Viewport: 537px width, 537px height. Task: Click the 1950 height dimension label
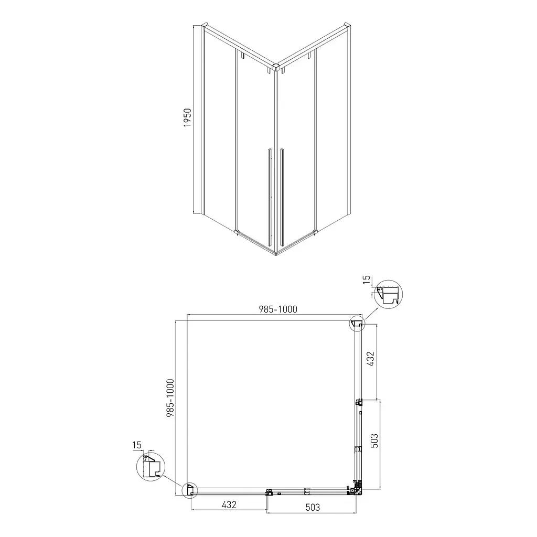pyautogui.click(x=187, y=118)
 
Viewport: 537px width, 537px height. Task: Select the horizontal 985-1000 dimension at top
pyautogui.click(x=278, y=309)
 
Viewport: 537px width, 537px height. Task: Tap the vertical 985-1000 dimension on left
pyautogui.click(x=170, y=398)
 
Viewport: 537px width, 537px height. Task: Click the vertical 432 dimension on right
pyautogui.click(x=371, y=359)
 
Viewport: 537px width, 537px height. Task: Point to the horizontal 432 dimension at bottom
pyautogui.click(x=229, y=504)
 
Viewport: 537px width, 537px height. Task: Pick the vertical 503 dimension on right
pyautogui.click(x=374, y=441)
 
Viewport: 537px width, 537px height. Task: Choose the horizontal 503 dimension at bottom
pyautogui.click(x=313, y=507)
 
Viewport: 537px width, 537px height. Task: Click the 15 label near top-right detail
pyautogui.click(x=367, y=280)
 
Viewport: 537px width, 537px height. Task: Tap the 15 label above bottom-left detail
pyautogui.click(x=137, y=445)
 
